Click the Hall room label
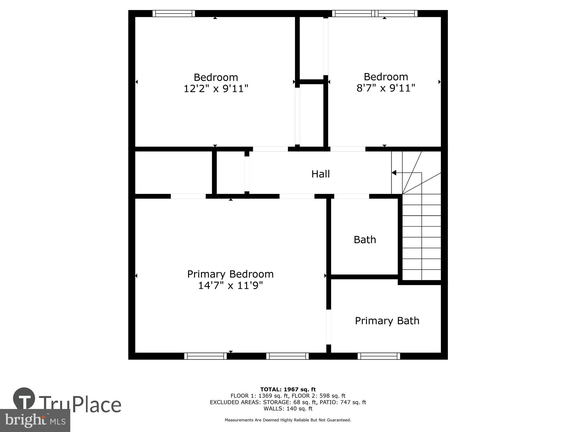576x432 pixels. coord(320,174)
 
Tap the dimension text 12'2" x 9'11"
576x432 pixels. coord(216,88)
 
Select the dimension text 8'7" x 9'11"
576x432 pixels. coord(386,88)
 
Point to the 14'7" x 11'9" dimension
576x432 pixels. coord(230,286)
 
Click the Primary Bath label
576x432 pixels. coord(387,321)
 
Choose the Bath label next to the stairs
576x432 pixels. coord(365,240)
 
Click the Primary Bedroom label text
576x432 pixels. coord(230,274)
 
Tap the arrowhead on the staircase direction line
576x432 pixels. coord(394,173)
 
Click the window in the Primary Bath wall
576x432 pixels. coord(379,356)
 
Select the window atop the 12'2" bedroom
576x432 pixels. coord(174,14)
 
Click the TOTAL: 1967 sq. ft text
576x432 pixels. coord(288,390)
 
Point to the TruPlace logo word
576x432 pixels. coord(80,404)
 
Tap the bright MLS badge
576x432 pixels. coord(35,420)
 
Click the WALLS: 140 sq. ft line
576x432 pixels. coord(288,409)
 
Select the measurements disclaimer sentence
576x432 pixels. coord(288,420)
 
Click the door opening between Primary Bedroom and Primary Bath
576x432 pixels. coord(329,327)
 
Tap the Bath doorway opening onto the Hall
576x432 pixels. coord(352,196)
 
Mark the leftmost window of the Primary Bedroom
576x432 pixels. coord(205,356)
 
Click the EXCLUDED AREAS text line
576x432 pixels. coord(288,402)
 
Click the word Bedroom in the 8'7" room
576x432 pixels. coord(386,77)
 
